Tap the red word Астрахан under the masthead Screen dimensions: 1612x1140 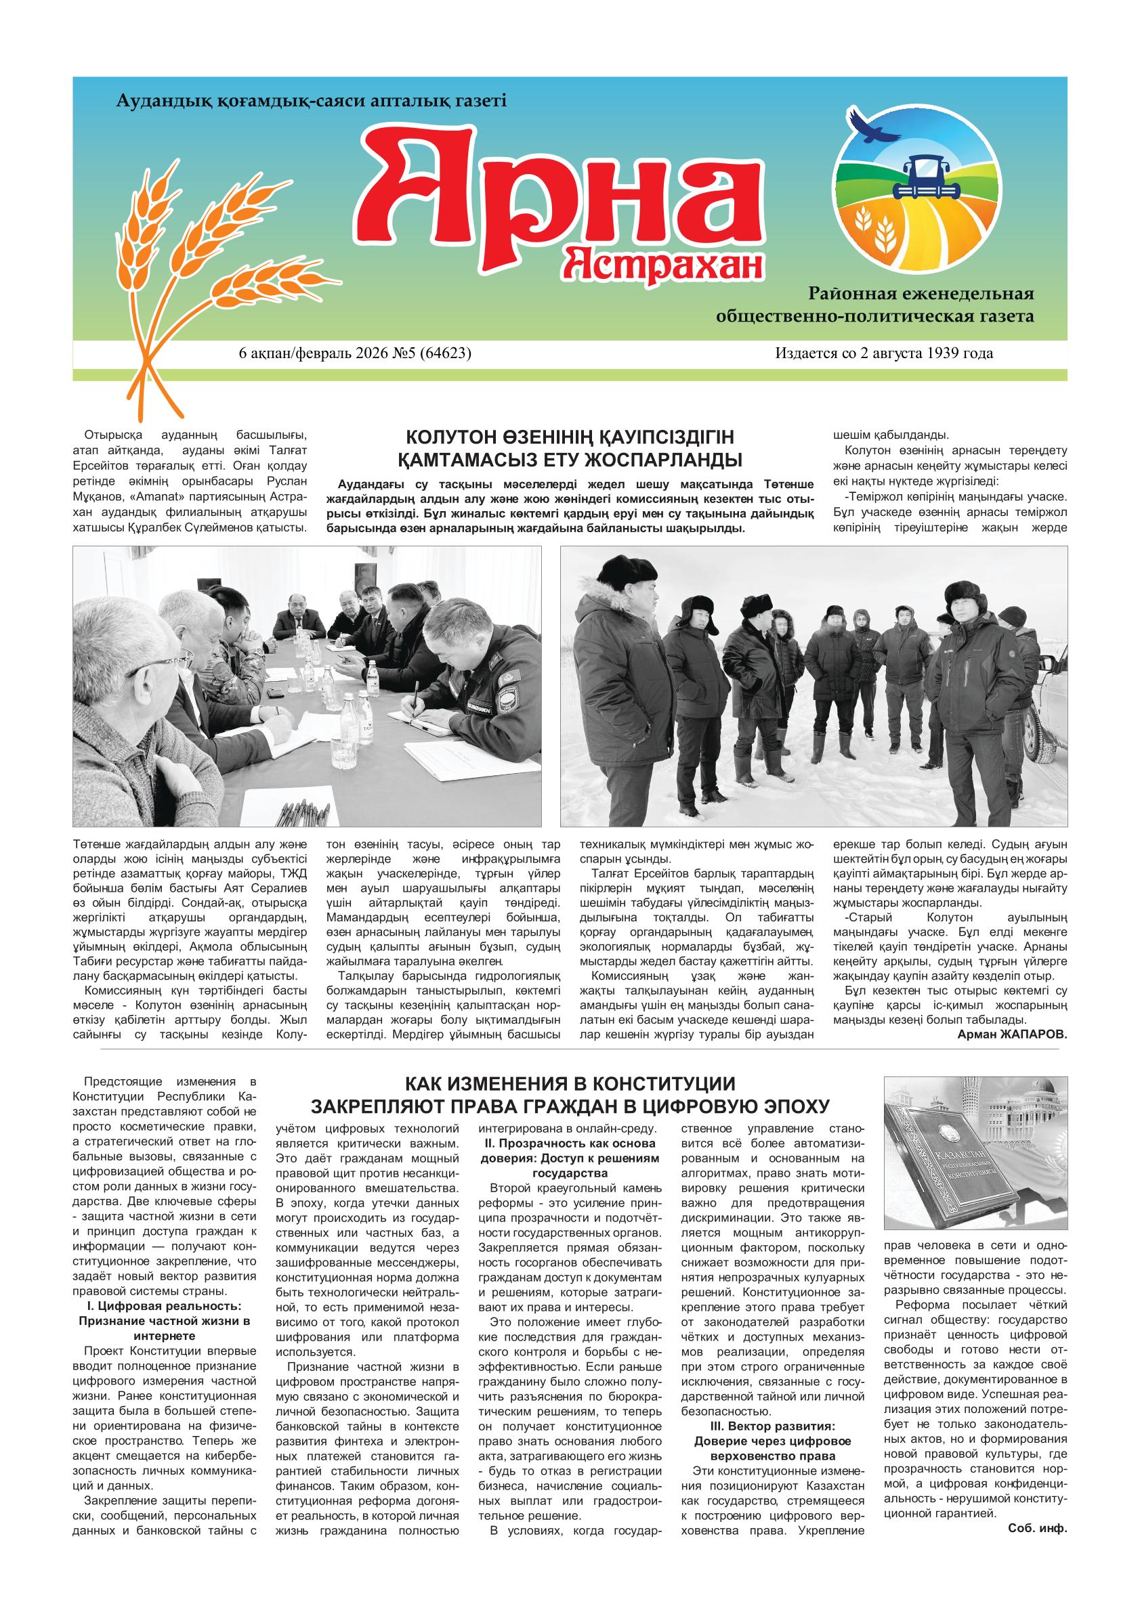pyautogui.click(x=664, y=265)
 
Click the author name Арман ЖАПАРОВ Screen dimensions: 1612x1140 pyautogui.click(x=1011, y=1034)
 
